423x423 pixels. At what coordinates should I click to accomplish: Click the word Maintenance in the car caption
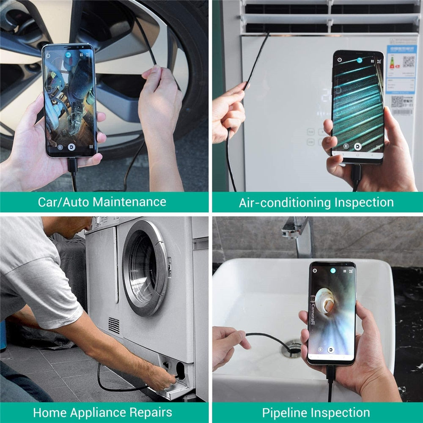[129, 202]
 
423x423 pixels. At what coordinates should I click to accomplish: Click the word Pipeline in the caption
[285, 412]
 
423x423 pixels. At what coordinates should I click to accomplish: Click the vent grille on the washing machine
[114, 325]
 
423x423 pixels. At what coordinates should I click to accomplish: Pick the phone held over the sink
[332, 313]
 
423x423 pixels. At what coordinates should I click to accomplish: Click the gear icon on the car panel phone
[48, 55]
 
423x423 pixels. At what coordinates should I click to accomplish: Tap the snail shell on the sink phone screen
[325, 299]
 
